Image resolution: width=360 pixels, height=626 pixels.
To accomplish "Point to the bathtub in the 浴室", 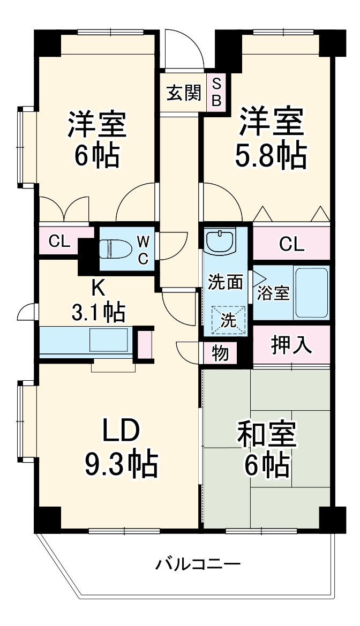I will (x=311, y=292).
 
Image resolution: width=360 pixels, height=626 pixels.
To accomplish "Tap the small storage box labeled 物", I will (x=219, y=353).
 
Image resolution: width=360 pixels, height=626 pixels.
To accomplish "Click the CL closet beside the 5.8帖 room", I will (x=291, y=244).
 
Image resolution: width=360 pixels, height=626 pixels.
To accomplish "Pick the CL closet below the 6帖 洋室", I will (x=59, y=242).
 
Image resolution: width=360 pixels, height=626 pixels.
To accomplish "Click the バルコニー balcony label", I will (x=198, y=564).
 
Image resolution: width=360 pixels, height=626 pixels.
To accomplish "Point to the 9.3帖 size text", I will (x=121, y=464).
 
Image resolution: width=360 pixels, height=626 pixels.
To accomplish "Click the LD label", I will (x=121, y=431).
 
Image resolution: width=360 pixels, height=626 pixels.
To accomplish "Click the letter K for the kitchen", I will (x=97, y=288).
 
